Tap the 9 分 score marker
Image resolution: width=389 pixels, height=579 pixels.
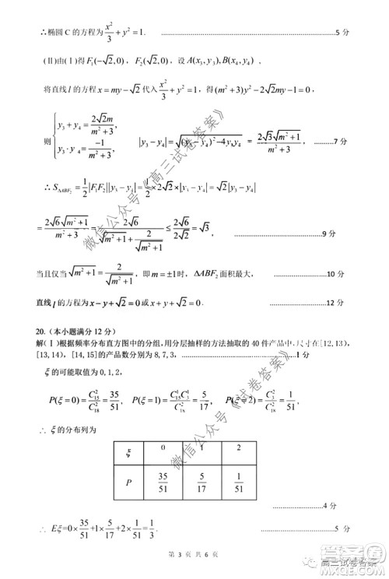coord(340,233)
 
